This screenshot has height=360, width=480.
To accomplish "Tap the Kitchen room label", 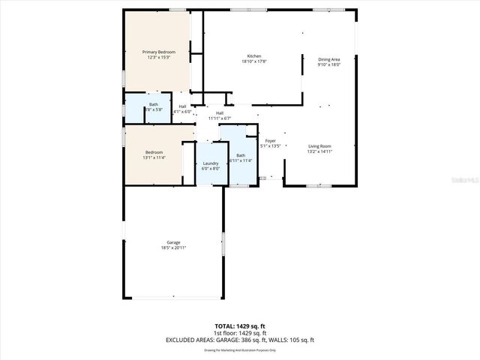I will (x=254, y=57).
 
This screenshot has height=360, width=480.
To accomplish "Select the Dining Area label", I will (x=329, y=59).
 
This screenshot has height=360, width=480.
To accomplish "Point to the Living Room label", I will (x=319, y=146).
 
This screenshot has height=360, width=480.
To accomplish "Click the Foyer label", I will (x=269, y=141).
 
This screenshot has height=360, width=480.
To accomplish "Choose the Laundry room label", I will (x=211, y=163).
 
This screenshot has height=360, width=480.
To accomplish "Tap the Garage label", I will (x=173, y=242).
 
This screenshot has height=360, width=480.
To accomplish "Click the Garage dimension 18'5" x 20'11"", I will (x=173, y=247).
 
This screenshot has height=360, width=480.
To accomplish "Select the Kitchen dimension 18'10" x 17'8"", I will (x=254, y=62).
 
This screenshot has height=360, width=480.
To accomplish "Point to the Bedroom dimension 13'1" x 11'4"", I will (x=154, y=157).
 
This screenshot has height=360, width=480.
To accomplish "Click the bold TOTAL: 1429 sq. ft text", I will (x=239, y=326).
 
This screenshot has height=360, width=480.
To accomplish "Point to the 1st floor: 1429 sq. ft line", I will (x=239, y=333).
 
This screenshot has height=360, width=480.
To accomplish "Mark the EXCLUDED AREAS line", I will (x=239, y=340).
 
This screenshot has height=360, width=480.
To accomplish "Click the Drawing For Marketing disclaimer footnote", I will (x=239, y=350).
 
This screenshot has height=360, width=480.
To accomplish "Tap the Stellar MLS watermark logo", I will (x=466, y=181).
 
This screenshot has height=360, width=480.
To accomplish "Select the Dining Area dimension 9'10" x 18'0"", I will (x=329, y=64).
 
